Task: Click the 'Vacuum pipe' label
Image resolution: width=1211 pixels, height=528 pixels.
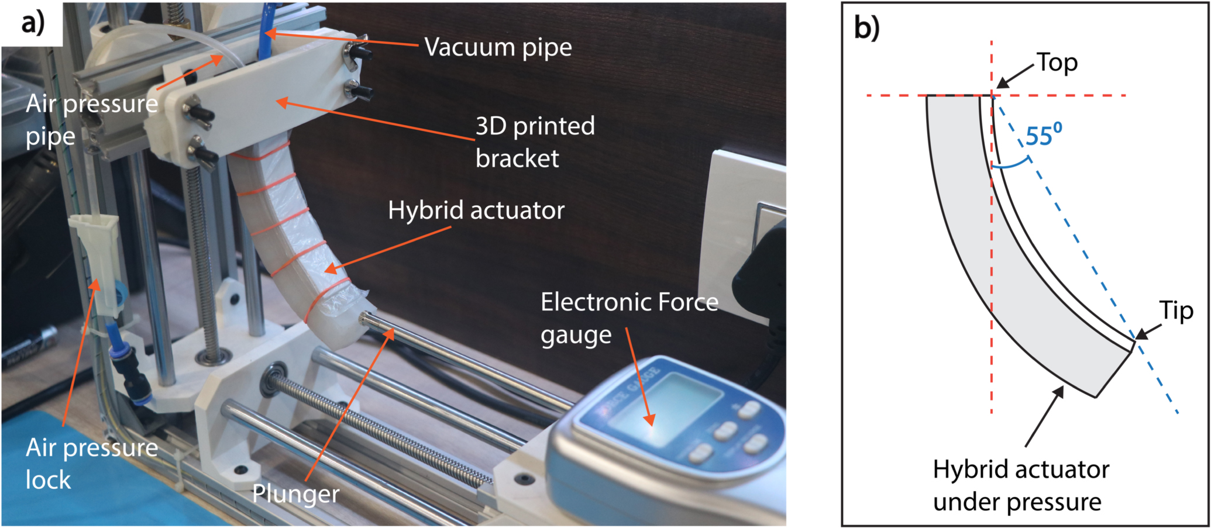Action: (498, 47)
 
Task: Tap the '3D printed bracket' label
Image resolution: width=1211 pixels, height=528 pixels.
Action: (535, 142)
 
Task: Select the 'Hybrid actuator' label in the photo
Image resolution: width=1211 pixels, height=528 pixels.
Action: (476, 210)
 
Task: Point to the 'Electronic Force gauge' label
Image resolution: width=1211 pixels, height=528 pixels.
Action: (629, 319)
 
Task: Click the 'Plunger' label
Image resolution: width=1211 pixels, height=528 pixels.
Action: (295, 494)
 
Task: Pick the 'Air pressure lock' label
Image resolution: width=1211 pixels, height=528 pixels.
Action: (92, 464)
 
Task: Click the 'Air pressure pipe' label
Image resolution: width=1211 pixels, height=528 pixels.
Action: (92, 120)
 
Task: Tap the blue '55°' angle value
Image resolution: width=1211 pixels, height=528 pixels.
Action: (1044, 136)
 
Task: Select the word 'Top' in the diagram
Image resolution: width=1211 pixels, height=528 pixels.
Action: (1057, 63)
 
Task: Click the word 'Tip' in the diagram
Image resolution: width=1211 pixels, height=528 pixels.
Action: (1176, 310)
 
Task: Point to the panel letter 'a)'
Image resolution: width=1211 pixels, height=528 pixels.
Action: (33, 23)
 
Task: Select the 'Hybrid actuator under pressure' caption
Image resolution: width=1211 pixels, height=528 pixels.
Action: (1020, 485)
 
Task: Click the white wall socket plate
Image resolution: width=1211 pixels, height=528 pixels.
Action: (743, 234)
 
